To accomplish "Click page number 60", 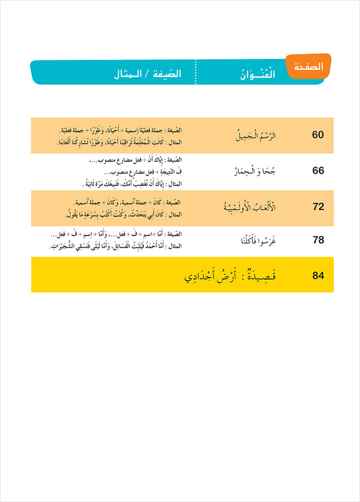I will point(318,135).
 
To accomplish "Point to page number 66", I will point(318,170).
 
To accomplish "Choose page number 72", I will point(318,206).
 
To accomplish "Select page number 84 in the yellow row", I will point(318,275).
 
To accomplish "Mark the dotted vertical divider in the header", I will point(195,73).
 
